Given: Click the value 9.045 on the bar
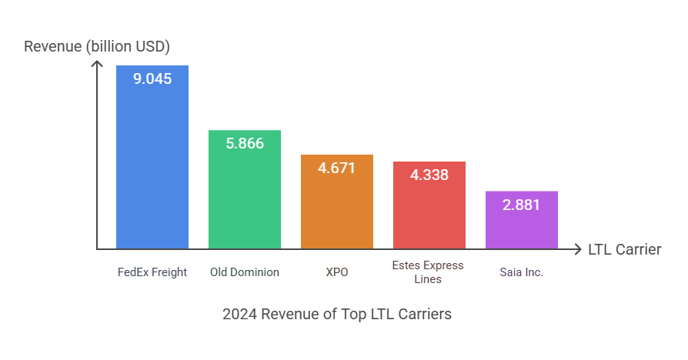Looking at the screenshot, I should (x=152, y=78).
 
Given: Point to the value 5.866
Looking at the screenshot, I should (x=245, y=142).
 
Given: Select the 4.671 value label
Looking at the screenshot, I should (x=337, y=167).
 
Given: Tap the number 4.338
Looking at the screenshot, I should (x=429, y=175).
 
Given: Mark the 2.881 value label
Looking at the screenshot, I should (x=522, y=205).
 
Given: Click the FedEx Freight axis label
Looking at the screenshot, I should (x=152, y=272).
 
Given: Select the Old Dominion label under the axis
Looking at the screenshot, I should (x=245, y=272).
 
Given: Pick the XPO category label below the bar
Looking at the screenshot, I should (x=337, y=272).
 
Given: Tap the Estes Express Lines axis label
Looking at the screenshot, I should (x=429, y=272).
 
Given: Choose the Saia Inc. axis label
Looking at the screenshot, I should (x=522, y=272).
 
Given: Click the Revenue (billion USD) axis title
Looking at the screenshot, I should (x=97, y=46).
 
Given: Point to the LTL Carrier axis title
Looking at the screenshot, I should (x=624, y=249).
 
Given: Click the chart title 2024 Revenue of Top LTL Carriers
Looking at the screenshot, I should (x=337, y=314).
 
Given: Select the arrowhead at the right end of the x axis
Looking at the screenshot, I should (x=578, y=249).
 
